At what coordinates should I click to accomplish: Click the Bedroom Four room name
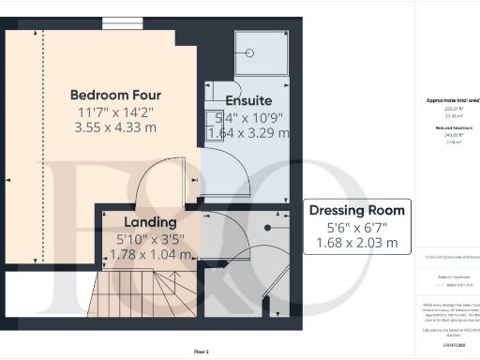pyautogui.click(x=116, y=95)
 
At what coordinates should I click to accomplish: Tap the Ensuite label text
pyautogui.click(x=248, y=100)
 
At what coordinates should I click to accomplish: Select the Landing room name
pyautogui.click(x=151, y=222)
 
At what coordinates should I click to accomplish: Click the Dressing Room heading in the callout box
pyautogui.click(x=357, y=210)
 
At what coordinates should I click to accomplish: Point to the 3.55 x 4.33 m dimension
pyautogui.click(x=116, y=128)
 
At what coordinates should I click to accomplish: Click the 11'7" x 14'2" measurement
pyautogui.click(x=116, y=112)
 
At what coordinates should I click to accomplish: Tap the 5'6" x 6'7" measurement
pyautogui.click(x=357, y=227)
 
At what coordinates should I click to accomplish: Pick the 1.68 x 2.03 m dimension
pyautogui.click(x=357, y=243)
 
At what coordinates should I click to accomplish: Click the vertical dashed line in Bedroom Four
pyautogui.click(x=39, y=141)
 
